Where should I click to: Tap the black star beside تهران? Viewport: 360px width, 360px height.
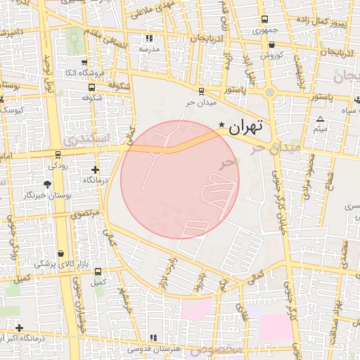coord(222,125)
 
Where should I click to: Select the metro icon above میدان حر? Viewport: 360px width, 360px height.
coord(202,91)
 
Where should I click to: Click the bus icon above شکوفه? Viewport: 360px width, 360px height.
coord(92,88)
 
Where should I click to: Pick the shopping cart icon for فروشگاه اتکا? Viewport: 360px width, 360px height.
coord(84,62)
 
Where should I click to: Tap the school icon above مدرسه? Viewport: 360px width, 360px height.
coord(148,38)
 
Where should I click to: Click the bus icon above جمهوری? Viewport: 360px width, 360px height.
coord(264,20)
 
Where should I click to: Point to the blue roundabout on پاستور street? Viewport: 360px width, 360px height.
coord(270,92)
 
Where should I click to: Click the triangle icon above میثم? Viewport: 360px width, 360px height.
coord(321,119)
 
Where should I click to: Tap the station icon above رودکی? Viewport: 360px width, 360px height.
coord(58,155)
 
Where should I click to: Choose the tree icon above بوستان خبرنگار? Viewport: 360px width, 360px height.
coord(47,184)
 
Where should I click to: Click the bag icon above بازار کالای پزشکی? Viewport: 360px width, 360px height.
coord(61,252)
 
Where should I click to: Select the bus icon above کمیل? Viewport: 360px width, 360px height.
coord(97,271)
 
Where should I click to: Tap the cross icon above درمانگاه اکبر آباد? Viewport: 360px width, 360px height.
coord(19,328)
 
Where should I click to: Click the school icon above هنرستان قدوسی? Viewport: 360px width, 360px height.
coord(154,337)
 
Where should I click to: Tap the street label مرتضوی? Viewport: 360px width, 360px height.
coord(86,212)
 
